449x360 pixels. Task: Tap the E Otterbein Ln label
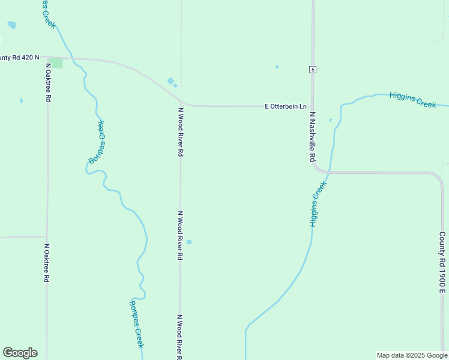[286, 106]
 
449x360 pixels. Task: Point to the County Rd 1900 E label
[442, 263]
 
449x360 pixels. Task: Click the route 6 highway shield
[313, 70]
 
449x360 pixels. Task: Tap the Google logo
[20, 353]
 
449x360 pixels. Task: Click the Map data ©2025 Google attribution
[412, 355]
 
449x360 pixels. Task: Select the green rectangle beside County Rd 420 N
[56, 63]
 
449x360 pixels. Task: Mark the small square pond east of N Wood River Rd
[189, 242]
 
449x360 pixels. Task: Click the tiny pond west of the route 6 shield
[277, 67]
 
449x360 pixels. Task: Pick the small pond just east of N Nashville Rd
[331, 120]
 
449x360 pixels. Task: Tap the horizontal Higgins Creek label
[412, 100]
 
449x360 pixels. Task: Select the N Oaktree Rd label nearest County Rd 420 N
[47, 82]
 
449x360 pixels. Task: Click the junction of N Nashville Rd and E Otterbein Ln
[313, 106]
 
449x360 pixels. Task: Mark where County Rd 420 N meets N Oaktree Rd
[47, 58]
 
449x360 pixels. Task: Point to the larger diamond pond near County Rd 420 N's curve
[170, 81]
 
